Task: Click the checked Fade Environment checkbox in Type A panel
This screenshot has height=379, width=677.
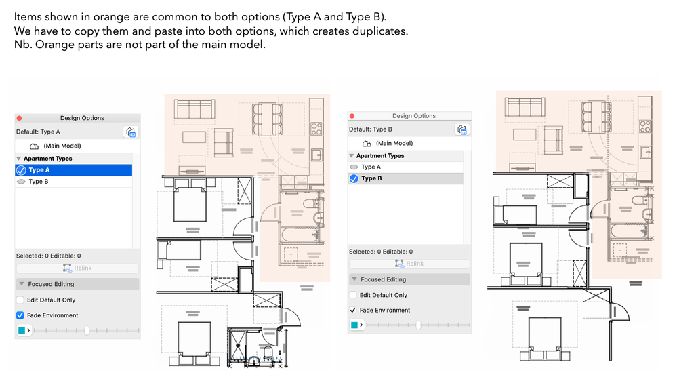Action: (20, 315)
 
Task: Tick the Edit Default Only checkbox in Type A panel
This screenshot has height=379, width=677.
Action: (20, 300)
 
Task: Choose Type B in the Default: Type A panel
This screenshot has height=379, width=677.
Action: (39, 182)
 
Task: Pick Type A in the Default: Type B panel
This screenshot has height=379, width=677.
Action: (371, 167)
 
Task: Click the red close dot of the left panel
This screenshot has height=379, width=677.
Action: (19, 118)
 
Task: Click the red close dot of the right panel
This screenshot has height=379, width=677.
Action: (352, 116)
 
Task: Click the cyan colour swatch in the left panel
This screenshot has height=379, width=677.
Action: (22, 330)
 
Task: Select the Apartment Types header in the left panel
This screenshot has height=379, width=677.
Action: (47, 159)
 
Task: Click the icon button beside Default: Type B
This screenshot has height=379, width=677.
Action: (462, 129)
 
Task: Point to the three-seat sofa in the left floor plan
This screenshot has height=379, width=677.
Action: (194, 110)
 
